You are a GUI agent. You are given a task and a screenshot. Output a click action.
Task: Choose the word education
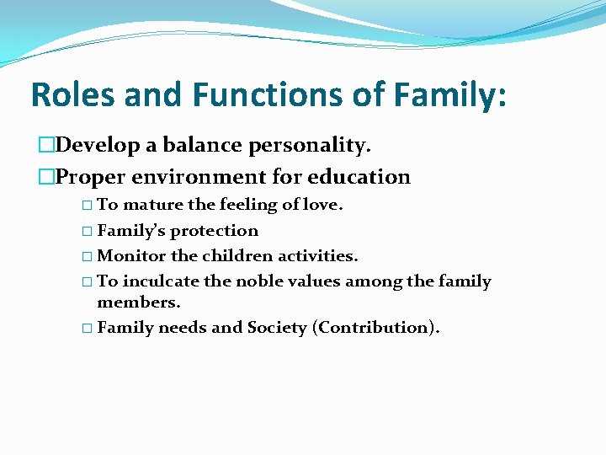pyautogui.click(x=359, y=177)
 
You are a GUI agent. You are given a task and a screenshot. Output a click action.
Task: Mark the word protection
pyautogui.click(x=215, y=231)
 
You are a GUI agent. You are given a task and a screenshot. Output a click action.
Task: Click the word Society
pyautogui.click(x=277, y=328)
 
